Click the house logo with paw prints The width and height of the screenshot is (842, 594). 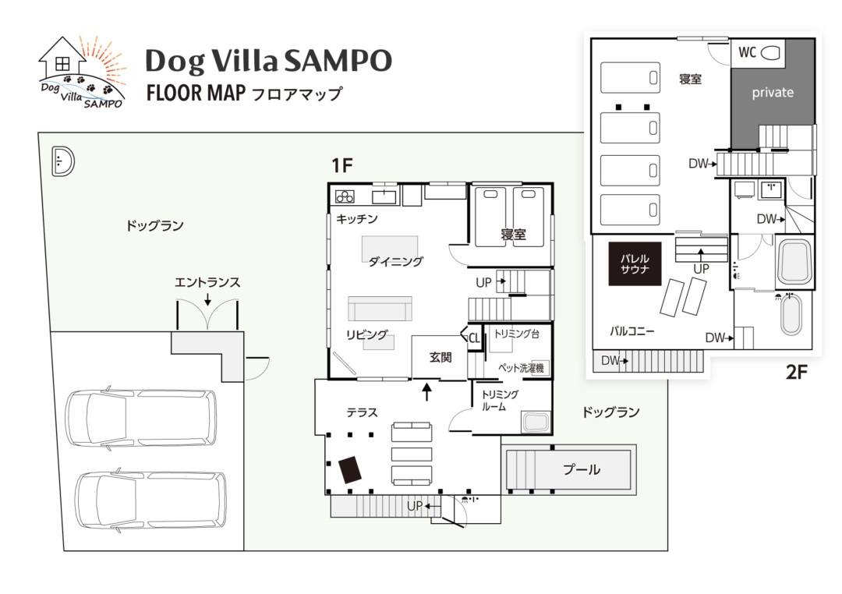[82, 72]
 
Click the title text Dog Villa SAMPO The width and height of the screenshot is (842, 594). [268, 61]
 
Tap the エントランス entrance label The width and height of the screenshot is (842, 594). [207, 283]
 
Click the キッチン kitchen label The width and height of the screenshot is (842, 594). [357, 220]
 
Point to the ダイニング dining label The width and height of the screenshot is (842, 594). [395, 262]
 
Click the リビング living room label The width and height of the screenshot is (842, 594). [366, 335]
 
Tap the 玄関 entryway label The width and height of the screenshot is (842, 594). [440, 358]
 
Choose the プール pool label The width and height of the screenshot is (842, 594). [582, 469]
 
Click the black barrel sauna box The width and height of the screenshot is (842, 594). [635, 263]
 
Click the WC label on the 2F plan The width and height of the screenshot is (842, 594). [747, 53]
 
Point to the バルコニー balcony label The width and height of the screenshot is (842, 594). [631, 331]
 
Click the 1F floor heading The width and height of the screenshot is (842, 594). [343, 165]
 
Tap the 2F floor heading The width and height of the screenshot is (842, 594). [796, 372]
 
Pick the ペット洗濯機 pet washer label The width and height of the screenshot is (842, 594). [520, 368]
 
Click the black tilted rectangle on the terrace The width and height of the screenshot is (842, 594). [351, 469]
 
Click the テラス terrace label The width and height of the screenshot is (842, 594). [362, 412]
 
